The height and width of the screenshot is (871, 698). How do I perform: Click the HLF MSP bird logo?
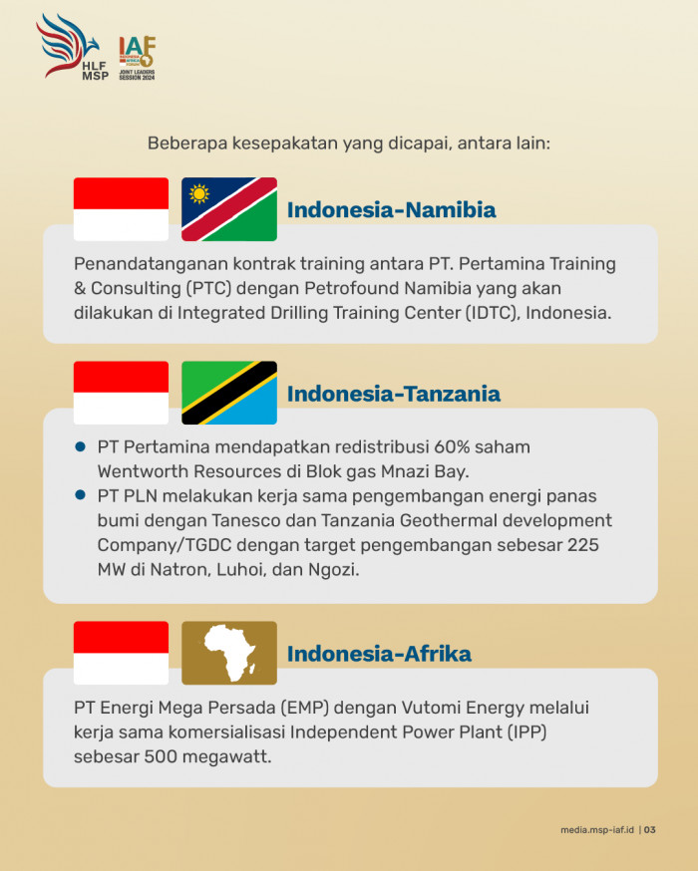[72, 47]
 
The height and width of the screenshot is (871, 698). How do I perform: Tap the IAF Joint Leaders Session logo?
[138, 59]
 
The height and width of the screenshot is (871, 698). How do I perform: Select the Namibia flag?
[229, 209]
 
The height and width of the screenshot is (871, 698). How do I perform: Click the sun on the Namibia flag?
[199, 194]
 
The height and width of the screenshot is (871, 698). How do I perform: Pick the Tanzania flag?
[229, 393]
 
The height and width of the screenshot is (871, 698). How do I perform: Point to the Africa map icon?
[229, 653]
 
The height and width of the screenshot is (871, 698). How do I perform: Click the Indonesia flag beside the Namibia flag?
[121, 209]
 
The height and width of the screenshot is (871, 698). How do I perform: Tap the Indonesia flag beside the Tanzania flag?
[121, 393]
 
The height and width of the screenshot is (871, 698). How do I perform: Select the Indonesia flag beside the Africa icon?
[121, 653]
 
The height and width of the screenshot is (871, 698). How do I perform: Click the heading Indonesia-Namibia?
[391, 210]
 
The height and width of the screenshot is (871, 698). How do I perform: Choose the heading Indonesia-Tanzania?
[394, 394]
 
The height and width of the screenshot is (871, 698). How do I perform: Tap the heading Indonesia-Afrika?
[379, 654]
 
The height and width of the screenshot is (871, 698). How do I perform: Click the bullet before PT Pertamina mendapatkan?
[81, 446]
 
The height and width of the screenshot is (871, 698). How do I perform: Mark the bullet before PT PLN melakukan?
[81, 495]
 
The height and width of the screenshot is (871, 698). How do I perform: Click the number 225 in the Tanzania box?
[583, 545]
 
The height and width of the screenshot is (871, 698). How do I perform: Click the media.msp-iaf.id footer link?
[597, 830]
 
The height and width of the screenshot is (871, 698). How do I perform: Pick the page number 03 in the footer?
[650, 830]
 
